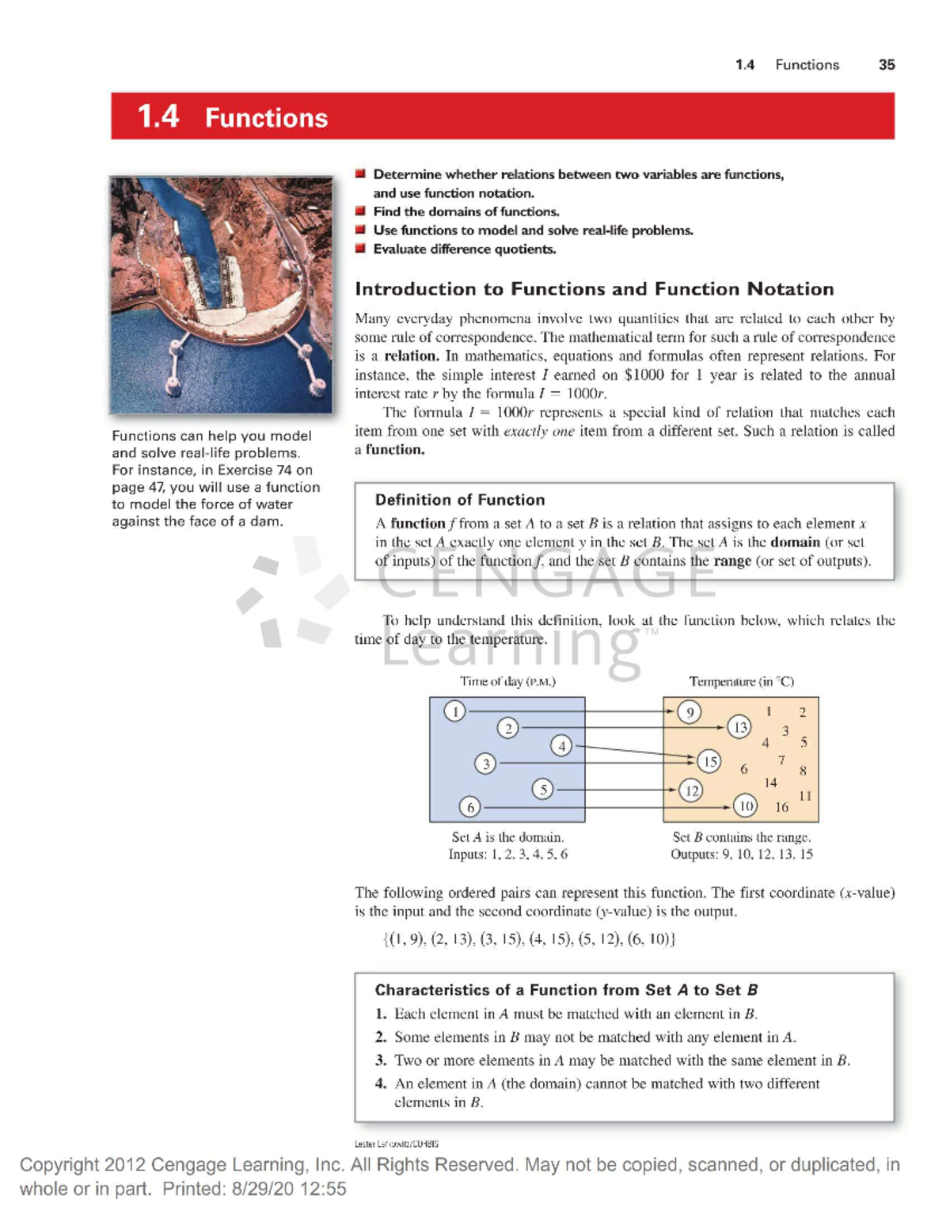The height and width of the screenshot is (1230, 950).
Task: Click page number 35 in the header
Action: [x=887, y=65]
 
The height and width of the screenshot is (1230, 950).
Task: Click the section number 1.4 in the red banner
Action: [x=158, y=116]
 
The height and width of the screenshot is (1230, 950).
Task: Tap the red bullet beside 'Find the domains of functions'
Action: [x=360, y=211]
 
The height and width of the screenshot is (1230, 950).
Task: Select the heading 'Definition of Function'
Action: [x=460, y=500]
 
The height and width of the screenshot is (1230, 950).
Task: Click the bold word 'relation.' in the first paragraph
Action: [x=411, y=356]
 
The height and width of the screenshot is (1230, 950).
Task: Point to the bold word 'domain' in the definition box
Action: [x=795, y=543]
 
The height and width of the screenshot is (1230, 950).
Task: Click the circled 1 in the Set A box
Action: [x=454, y=711]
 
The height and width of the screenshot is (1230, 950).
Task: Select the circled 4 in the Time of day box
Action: [x=561, y=745]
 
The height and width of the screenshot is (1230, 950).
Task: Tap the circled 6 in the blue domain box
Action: [x=470, y=807]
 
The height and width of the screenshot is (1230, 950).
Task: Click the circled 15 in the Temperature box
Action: [x=709, y=762]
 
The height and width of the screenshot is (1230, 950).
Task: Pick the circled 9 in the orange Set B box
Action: [x=690, y=712]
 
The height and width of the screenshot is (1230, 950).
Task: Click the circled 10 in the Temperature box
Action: [x=745, y=806]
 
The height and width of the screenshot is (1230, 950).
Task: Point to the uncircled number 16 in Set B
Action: [x=781, y=807]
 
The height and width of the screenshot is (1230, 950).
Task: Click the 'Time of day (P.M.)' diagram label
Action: [x=507, y=681]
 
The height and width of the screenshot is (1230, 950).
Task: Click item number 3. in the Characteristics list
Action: [x=381, y=1061]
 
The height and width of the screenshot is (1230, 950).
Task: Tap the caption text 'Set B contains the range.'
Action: [x=741, y=837]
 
